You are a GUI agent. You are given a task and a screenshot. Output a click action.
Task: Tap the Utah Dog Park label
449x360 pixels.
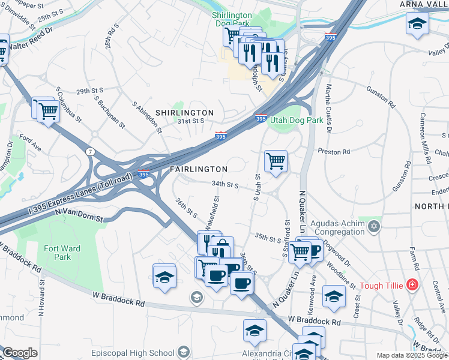[x=297, y=120]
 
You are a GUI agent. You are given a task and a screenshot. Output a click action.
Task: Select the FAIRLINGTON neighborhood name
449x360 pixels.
[x=198, y=169]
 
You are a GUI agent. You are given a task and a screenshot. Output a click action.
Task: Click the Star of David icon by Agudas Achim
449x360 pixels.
[x=375, y=226]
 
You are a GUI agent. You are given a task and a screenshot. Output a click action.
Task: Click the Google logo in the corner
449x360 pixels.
[x=19, y=353]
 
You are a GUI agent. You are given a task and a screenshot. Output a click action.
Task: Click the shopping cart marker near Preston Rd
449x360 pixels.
[x=276, y=160]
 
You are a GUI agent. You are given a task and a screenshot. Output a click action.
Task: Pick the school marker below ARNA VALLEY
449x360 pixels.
[x=416, y=25]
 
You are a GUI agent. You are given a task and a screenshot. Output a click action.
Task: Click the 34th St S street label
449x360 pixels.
[x=224, y=185]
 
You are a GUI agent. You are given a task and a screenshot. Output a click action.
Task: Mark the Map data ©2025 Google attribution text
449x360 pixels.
[x=412, y=355]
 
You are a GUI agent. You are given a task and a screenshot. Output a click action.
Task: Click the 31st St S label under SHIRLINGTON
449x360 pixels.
[x=191, y=121]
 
